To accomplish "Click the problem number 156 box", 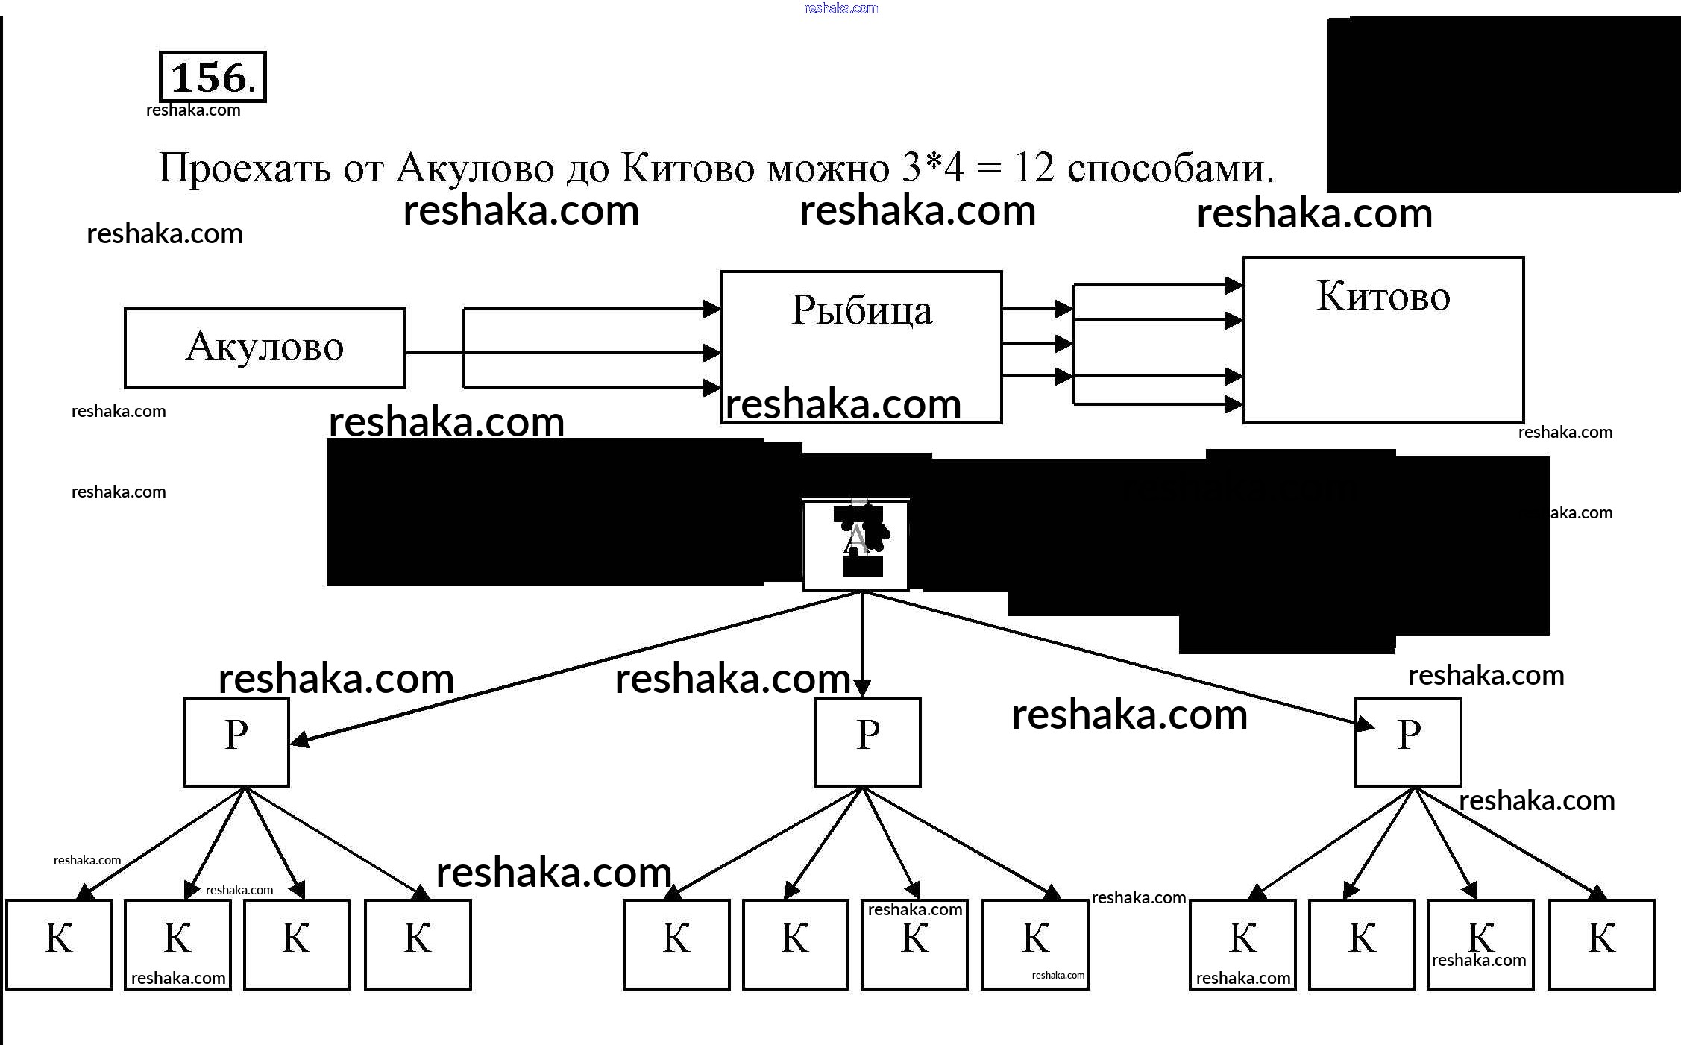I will pos(213,77).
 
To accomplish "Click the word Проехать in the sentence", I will pos(245,169).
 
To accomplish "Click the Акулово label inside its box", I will pos(265,347).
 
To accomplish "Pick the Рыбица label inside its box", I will pos(861,310).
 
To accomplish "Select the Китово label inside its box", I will pos(1383,296).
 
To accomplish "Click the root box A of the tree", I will pos(855,545).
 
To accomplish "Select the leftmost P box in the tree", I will pos(236,741).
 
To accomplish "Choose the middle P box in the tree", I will pos(867,741).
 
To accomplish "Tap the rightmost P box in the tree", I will pos(1408,741).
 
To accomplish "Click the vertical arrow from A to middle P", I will pos(862,641).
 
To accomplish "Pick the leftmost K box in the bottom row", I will pos(60,944).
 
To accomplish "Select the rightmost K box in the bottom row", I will pos(1602,944).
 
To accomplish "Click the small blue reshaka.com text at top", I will pos(841,9).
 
